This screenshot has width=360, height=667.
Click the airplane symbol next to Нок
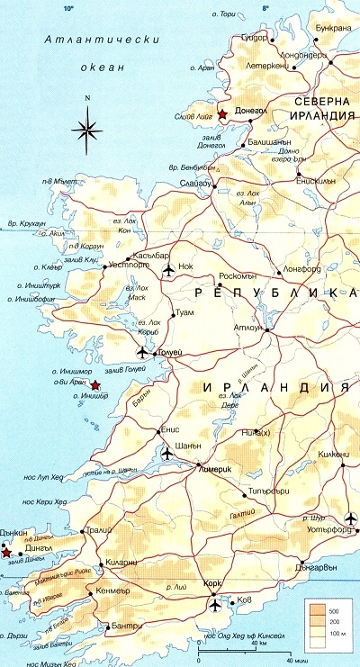tap(167, 268)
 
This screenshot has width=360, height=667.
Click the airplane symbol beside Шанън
tap(167, 452)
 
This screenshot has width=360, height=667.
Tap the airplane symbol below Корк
tap(214, 604)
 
